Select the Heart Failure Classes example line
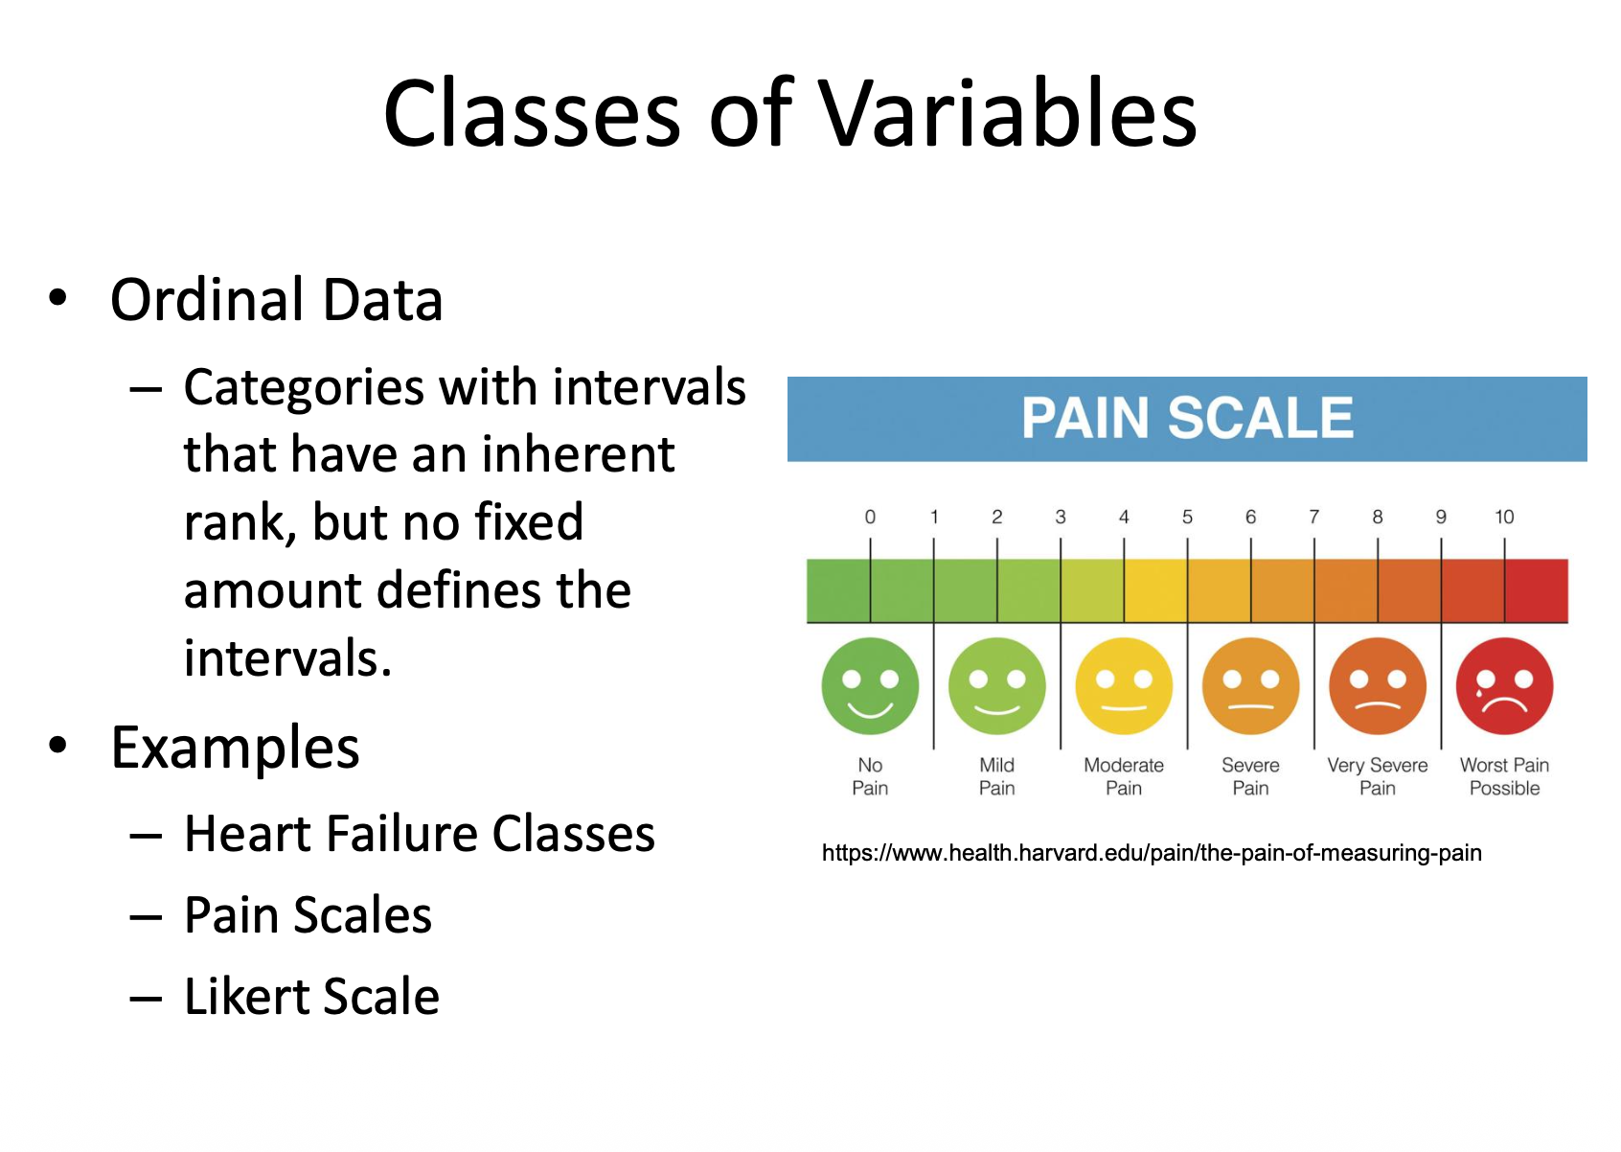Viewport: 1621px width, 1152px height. [420, 834]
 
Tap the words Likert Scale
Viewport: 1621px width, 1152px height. [312, 996]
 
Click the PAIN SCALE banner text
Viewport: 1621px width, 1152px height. [1188, 418]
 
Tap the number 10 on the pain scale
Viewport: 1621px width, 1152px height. [1504, 517]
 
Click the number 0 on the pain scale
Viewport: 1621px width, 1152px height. [870, 517]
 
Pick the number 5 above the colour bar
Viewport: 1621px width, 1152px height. [1188, 517]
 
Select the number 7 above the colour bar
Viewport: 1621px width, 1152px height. [1314, 517]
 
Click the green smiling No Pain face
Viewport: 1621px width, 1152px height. [870, 685]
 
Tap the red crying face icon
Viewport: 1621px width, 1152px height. [1504, 685]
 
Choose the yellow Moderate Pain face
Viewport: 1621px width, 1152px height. [1124, 685]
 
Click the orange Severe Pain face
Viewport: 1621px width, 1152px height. [1250, 685]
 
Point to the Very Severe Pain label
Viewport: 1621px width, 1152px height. [1377, 776]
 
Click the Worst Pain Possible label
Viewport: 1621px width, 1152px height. [1504, 776]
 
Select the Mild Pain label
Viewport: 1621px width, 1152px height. [996, 776]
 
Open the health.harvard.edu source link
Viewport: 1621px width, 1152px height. [1152, 853]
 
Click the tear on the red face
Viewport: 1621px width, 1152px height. [1480, 693]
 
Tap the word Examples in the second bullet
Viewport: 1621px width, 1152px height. [235, 748]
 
